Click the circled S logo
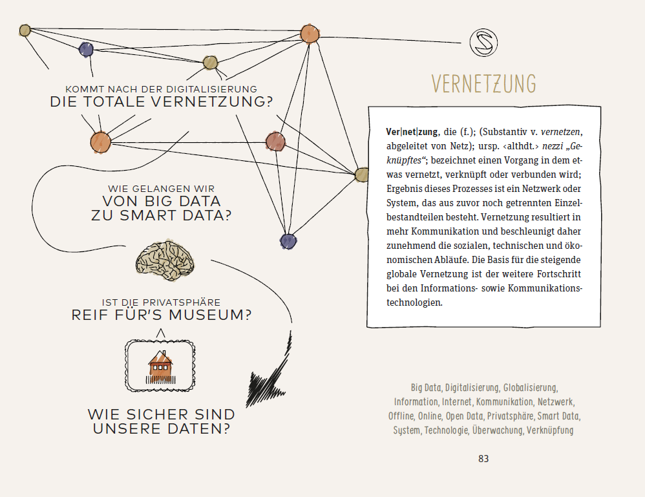point(484,43)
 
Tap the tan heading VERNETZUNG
point(483,83)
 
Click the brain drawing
point(164,260)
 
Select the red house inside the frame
point(160,366)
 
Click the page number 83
point(483,459)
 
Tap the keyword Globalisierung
point(530,388)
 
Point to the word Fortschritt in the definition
point(556,274)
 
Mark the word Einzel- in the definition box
point(566,203)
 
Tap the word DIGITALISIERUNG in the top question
point(216,89)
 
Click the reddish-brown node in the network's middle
point(275,140)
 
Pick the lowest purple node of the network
point(288,241)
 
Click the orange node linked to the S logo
point(310,35)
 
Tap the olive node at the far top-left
point(25,30)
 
